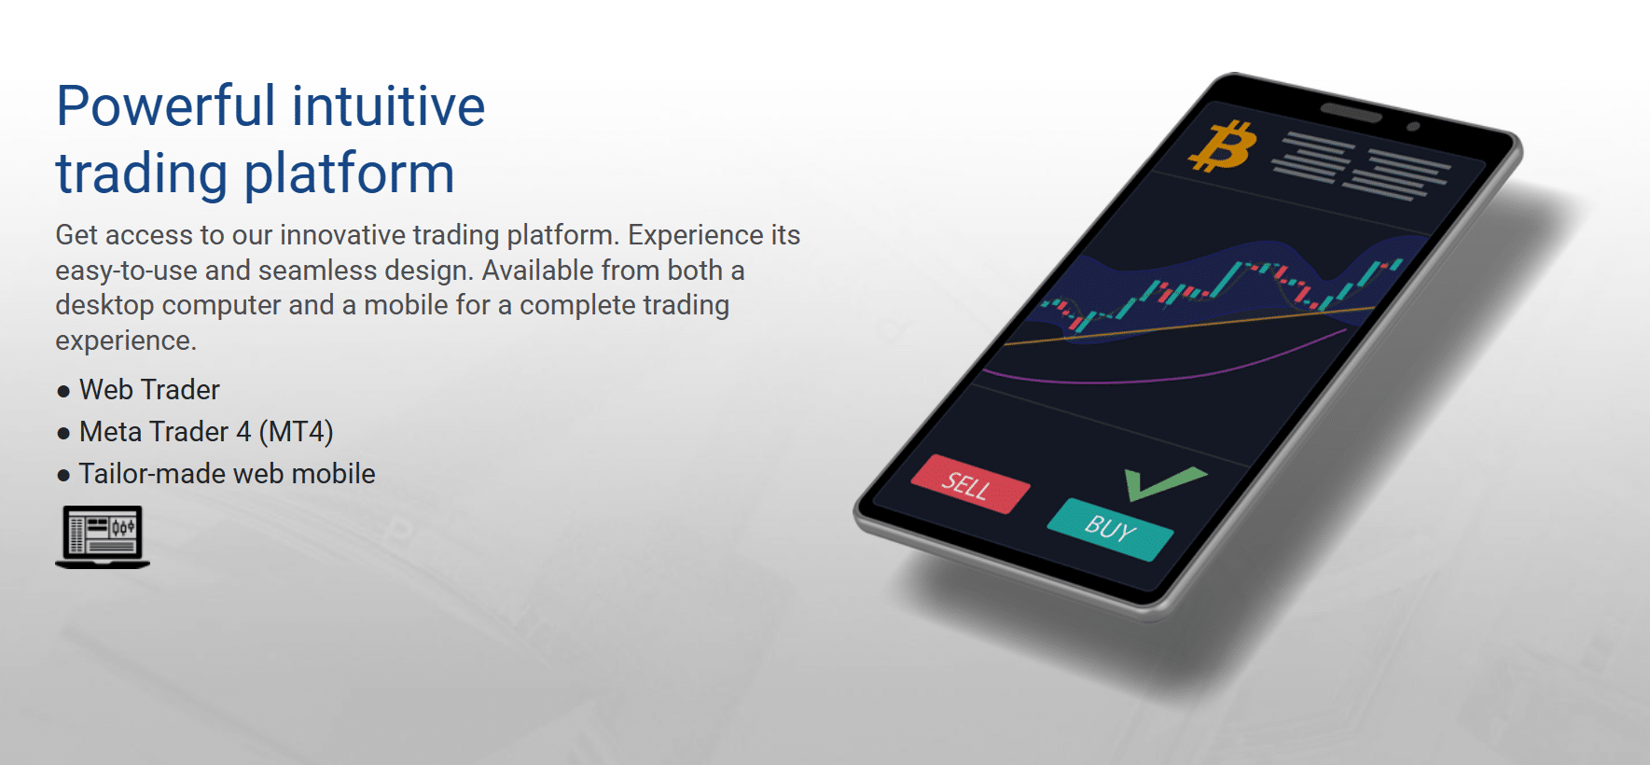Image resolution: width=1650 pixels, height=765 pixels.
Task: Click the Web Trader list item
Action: (x=149, y=389)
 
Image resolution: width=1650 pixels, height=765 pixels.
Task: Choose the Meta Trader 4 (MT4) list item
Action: (x=206, y=432)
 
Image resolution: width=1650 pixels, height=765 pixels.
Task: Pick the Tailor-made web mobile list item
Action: (x=227, y=474)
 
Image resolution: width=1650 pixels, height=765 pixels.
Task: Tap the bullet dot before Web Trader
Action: (x=63, y=392)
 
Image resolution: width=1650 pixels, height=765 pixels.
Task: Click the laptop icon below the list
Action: (x=103, y=536)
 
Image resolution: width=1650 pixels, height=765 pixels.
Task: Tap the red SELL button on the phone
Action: (x=970, y=484)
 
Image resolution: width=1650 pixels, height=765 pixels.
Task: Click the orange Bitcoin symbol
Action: (x=1223, y=146)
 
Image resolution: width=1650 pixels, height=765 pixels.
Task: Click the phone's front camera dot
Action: (x=1413, y=126)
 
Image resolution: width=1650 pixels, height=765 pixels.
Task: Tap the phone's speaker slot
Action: (x=1351, y=113)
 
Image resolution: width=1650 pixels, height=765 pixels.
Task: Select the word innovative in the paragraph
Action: (x=342, y=235)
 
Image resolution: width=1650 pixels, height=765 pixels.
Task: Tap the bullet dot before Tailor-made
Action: (x=63, y=476)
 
